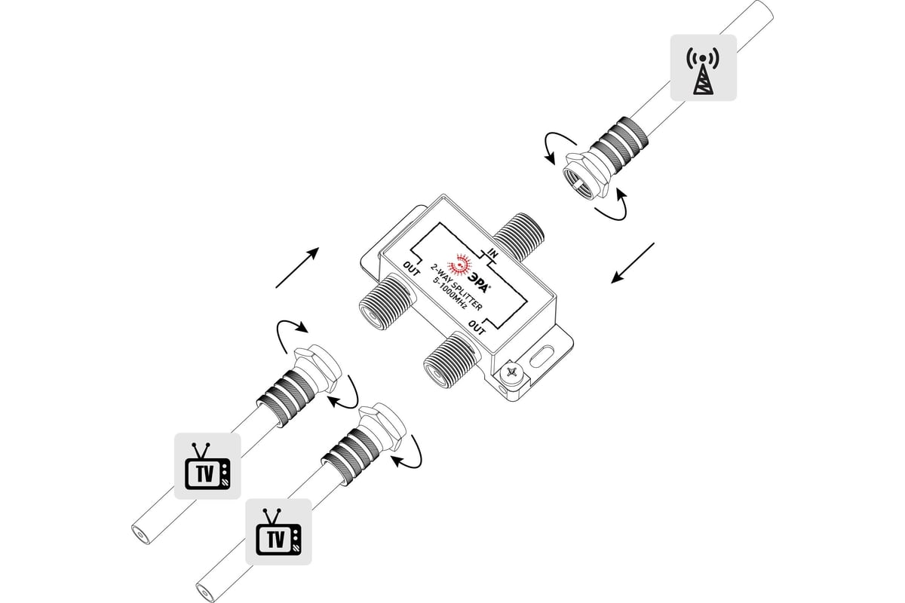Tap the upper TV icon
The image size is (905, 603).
(207, 466)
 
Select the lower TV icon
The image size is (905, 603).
(278, 532)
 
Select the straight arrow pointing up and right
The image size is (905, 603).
(297, 268)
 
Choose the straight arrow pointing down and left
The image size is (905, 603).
(633, 263)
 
